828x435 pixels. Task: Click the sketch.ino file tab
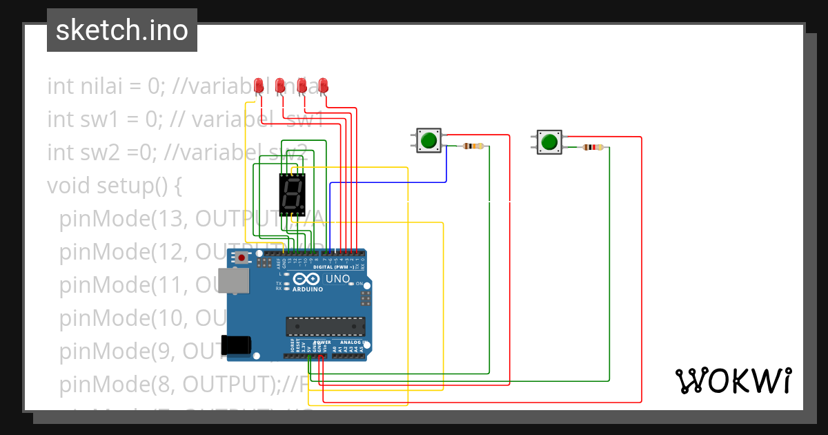(122, 30)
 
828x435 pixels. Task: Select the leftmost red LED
(259, 86)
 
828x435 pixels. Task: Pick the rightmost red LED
(323, 86)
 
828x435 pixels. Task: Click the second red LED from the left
(280, 86)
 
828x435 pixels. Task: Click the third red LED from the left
(302, 86)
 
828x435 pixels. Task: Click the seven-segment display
(292, 195)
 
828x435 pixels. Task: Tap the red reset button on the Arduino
(242, 258)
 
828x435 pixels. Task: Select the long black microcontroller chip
(326, 325)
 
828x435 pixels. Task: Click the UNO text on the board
(337, 279)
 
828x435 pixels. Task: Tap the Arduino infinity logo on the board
(306, 279)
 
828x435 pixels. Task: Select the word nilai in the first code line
(95, 86)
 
